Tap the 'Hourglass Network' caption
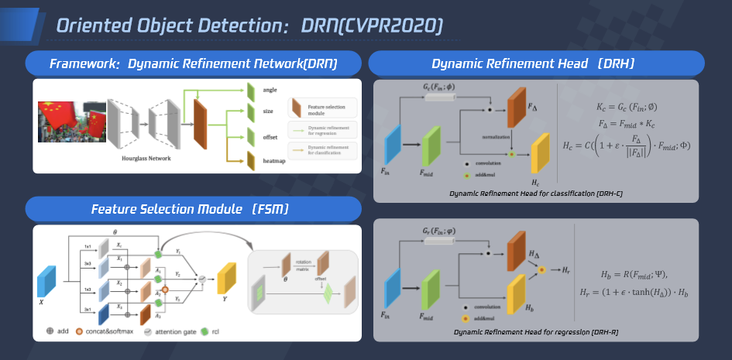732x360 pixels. click(146, 158)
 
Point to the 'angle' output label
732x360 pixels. click(270, 91)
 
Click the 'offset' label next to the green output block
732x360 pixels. click(270, 137)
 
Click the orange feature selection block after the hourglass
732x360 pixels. click(200, 127)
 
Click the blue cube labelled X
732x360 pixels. click(47, 282)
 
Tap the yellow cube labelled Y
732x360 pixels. click(226, 277)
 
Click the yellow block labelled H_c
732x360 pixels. click(539, 153)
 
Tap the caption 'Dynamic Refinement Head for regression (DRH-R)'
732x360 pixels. click(534, 332)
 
